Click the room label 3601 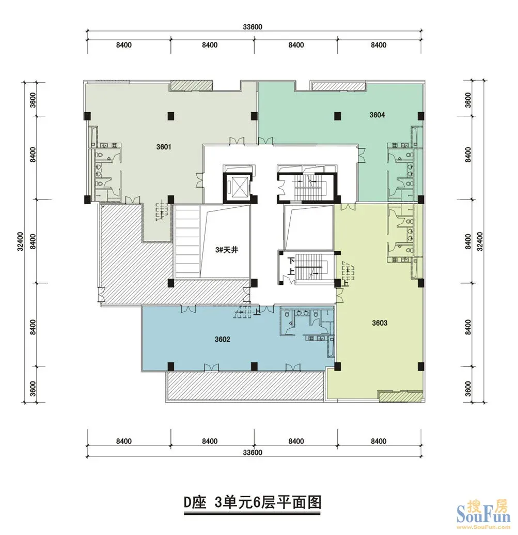coord(164,147)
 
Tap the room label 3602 coord(222,339)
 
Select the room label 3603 coord(379,323)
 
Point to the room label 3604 coord(377,115)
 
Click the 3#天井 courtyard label coord(227,250)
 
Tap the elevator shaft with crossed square coord(237,187)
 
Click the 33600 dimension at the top coord(253,27)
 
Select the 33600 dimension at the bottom coord(253,452)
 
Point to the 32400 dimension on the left coord(21,241)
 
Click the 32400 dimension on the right coord(480,241)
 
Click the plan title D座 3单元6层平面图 coord(253,502)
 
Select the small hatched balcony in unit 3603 coord(400,396)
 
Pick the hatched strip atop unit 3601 coord(192,86)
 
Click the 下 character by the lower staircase coord(291,261)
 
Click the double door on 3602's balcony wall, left coord(211,368)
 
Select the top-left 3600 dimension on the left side coord(33,100)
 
